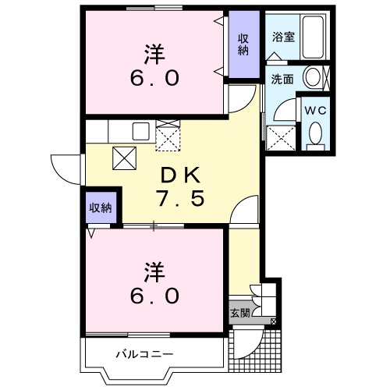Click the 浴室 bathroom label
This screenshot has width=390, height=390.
click(282, 37)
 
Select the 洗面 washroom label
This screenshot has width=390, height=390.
click(282, 79)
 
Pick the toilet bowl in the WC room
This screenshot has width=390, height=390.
click(315, 134)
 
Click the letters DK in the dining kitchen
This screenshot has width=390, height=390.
click(182, 173)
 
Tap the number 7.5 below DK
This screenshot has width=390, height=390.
click(182, 199)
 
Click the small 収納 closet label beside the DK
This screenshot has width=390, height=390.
click(100, 207)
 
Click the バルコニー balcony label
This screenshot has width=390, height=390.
click(144, 355)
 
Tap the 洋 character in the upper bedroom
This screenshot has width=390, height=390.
click(153, 54)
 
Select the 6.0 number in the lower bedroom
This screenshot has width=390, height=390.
click(154, 296)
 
